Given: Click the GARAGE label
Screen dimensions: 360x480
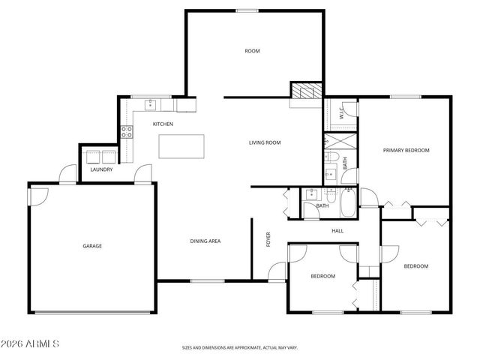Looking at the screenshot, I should [x=92, y=245].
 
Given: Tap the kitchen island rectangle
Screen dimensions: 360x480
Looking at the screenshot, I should [x=181, y=146].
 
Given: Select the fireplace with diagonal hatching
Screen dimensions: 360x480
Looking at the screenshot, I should [x=305, y=91].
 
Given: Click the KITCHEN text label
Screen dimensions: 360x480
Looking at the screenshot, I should [x=163, y=124].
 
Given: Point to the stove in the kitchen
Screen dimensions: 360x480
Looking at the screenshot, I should [x=127, y=133].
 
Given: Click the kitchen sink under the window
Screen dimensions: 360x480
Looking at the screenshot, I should [x=151, y=103].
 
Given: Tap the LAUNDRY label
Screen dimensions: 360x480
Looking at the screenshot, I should [x=101, y=169].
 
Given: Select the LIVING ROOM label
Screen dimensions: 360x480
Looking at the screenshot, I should [x=265, y=142].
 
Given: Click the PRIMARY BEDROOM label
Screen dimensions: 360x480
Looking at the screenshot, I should [x=406, y=150].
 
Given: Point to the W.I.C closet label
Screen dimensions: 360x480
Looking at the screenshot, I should [x=341, y=114].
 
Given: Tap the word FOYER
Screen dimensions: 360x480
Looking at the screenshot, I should [x=268, y=240].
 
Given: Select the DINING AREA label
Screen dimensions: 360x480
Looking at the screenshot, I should [x=205, y=241].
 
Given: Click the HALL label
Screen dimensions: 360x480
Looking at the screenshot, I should [x=337, y=230].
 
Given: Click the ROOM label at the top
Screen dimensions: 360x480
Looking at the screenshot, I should [x=252, y=51].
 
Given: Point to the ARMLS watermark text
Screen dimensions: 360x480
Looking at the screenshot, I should [x=31, y=343].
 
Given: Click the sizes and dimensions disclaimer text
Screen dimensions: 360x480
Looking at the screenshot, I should [x=239, y=348].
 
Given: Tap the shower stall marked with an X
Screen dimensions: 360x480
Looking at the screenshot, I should [x=332, y=140].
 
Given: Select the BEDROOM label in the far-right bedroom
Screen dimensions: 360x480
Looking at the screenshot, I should [x=415, y=266].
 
